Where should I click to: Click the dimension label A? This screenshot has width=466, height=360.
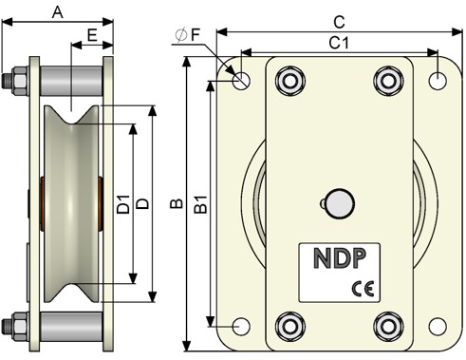pyautogui.click(x=58, y=12)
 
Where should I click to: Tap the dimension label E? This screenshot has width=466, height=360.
pyautogui.click(x=92, y=35)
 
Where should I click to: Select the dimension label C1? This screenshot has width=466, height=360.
pyautogui.click(x=339, y=43)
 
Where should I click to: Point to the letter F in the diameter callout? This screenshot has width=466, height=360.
pyautogui.click(x=196, y=35)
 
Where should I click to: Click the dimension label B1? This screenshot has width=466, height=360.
pyautogui.click(x=200, y=204)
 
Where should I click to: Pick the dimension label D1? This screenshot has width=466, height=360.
pyautogui.click(x=123, y=204)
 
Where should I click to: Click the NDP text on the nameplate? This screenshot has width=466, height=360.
pyautogui.click(x=340, y=258)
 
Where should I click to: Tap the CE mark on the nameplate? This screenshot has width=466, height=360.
pyautogui.click(x=363, y=289)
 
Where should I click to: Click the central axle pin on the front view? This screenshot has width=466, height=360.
pyautogui.click(x=340, y=204)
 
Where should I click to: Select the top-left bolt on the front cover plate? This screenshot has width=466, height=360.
pyautogui.click(x=290, y=81)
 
